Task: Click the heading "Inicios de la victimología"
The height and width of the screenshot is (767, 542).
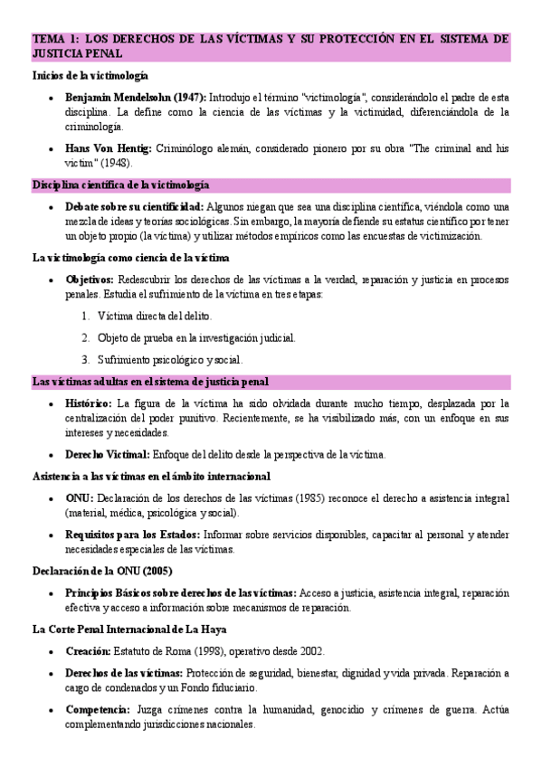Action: [x=90, y=76]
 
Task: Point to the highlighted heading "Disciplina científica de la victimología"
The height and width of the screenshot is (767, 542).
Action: [x=120, y=185]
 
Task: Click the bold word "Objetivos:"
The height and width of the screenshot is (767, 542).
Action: [x=90, y=279]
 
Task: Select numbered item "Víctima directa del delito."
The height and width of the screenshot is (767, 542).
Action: [x=155, y=316]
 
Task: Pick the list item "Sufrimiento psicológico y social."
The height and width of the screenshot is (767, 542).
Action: [x=169, y=359]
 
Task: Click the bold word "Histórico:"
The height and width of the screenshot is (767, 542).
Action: [x=89, y=402]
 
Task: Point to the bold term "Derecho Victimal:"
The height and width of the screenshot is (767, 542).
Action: [x=108, y=454]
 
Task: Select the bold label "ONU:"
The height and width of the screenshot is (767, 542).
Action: [x=80, y=498]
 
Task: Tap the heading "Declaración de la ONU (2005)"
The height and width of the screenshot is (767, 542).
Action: [x=102, y=571]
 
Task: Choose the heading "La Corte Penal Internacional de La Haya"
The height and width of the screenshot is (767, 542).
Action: [x=129, y=630]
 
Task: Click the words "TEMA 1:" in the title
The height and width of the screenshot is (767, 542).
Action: [x=56, y=40]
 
